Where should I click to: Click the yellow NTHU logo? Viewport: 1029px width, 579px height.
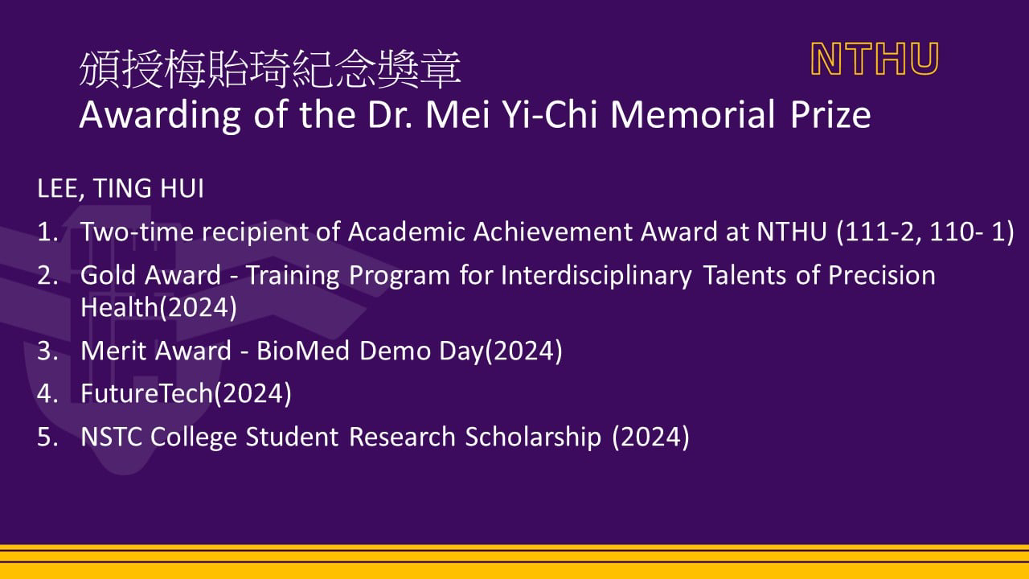[x=875, y=59]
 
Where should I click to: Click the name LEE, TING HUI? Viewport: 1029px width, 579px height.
[x=121, y=188]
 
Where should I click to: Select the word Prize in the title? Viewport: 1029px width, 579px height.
[x=830, y=115]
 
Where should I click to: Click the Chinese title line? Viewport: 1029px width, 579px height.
[x=270, y=69]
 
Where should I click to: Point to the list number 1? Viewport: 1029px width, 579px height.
[x=47, y=231]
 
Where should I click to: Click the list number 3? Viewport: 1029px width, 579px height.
[x=47, y=351]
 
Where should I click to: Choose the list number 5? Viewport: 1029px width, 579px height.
[x=47, y=437]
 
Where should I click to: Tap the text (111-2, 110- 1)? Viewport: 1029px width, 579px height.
[x=925, y=232]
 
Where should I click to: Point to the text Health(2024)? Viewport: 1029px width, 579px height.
[x=158, y=307]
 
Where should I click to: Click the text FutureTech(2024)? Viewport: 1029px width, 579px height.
[x=186, y=394]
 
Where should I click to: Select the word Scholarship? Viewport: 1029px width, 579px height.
[x=533, y=437]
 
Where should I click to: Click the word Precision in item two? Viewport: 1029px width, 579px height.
[x=882, y=275]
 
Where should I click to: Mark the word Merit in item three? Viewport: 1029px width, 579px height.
[x=114, y=351]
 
